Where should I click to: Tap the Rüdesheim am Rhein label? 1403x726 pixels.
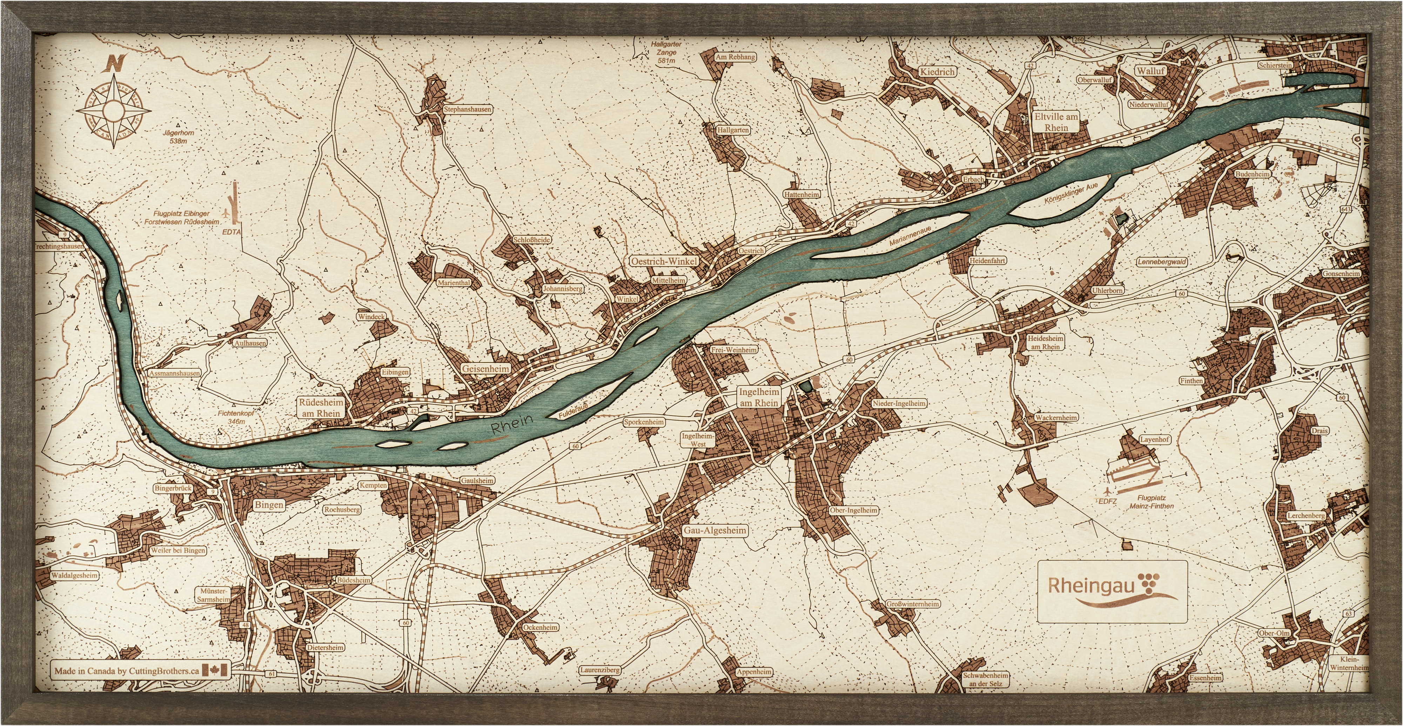point(321,408)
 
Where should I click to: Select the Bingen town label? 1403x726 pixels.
point(269,504)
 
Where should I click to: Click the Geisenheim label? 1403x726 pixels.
point(486,368)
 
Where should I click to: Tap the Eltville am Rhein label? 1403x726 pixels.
point(1056,122)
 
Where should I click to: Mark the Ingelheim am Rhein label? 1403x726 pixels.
point(759,397)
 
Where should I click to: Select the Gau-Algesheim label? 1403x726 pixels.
point(715,530)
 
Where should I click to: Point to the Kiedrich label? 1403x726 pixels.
point(937,71)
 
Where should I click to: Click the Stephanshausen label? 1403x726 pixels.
point(467,109)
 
